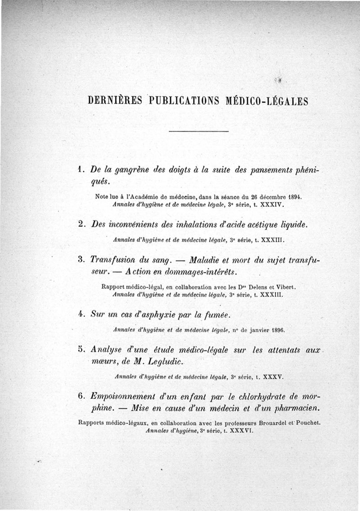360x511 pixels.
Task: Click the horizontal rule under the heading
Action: pos(198,131)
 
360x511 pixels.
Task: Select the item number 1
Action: pos(80,169)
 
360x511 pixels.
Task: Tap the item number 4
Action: pos(81,314)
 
